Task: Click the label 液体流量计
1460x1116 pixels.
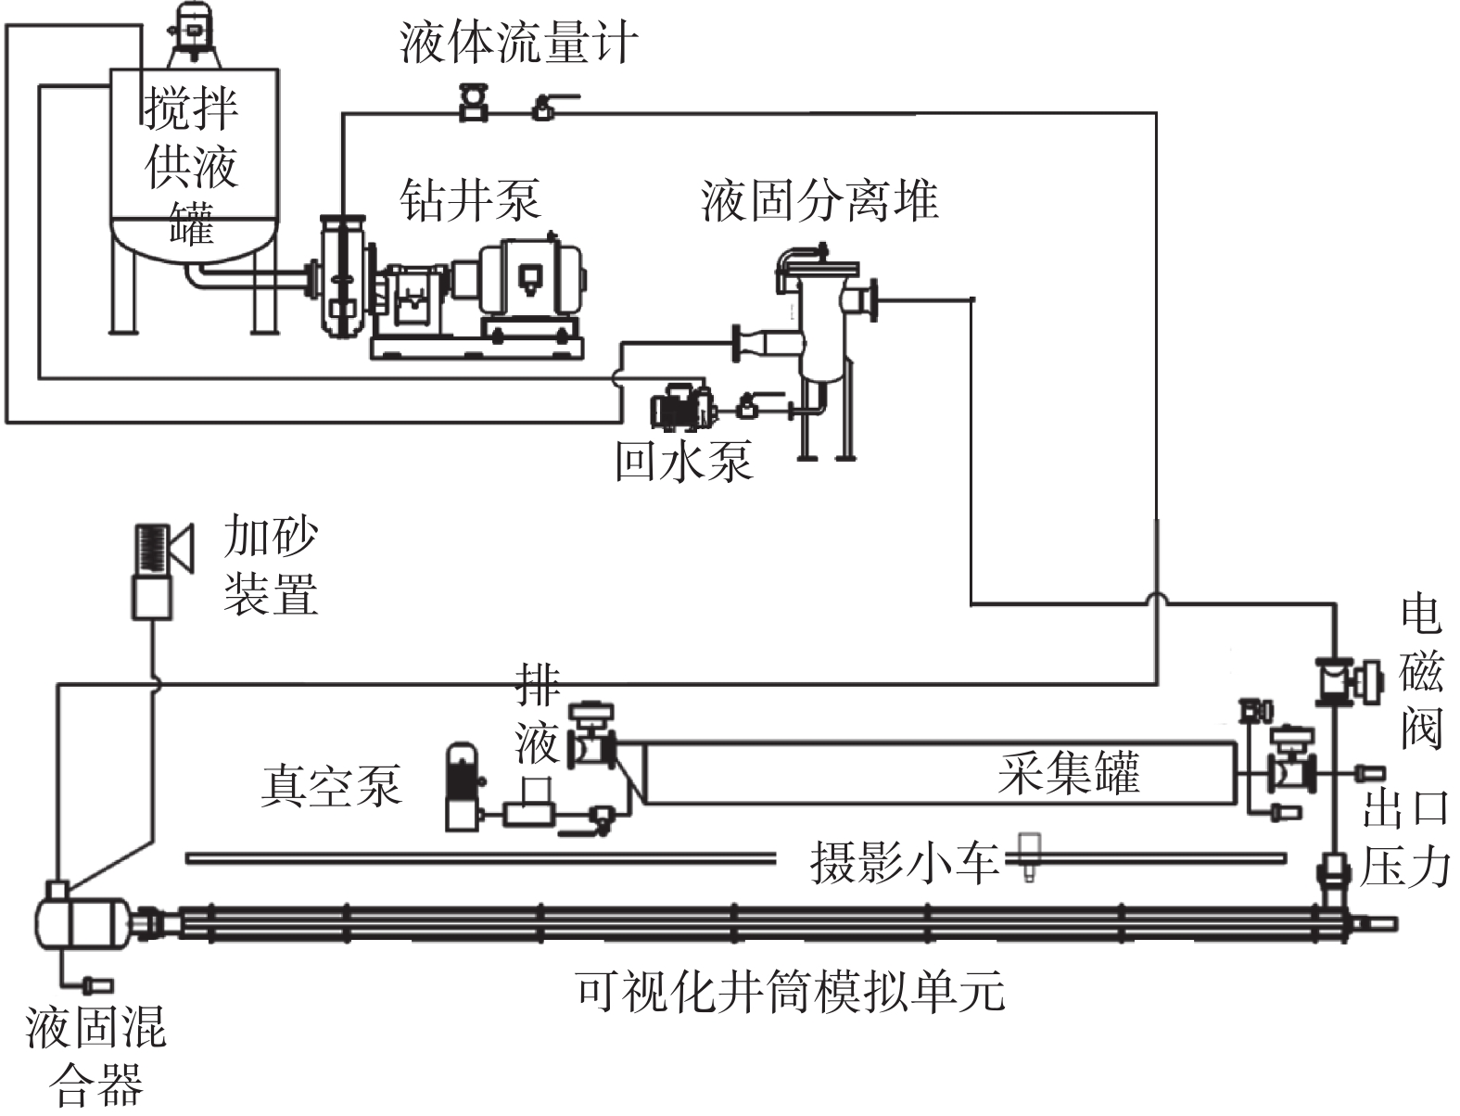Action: [x=519, y=44]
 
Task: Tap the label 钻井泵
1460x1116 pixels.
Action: [x=469, y=199]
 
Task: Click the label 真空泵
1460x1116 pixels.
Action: [x=331, y=785]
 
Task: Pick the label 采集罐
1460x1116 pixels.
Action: [x=1069, y=773]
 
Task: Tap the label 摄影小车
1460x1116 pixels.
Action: [x=904, y=862]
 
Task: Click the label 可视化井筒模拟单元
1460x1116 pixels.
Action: [x=790, y=991]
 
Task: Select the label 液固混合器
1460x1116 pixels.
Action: [x=96, y=1057]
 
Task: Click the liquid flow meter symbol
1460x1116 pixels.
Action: [x=474, y=101]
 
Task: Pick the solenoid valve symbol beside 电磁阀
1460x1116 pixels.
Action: [x=1340, y=680]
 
